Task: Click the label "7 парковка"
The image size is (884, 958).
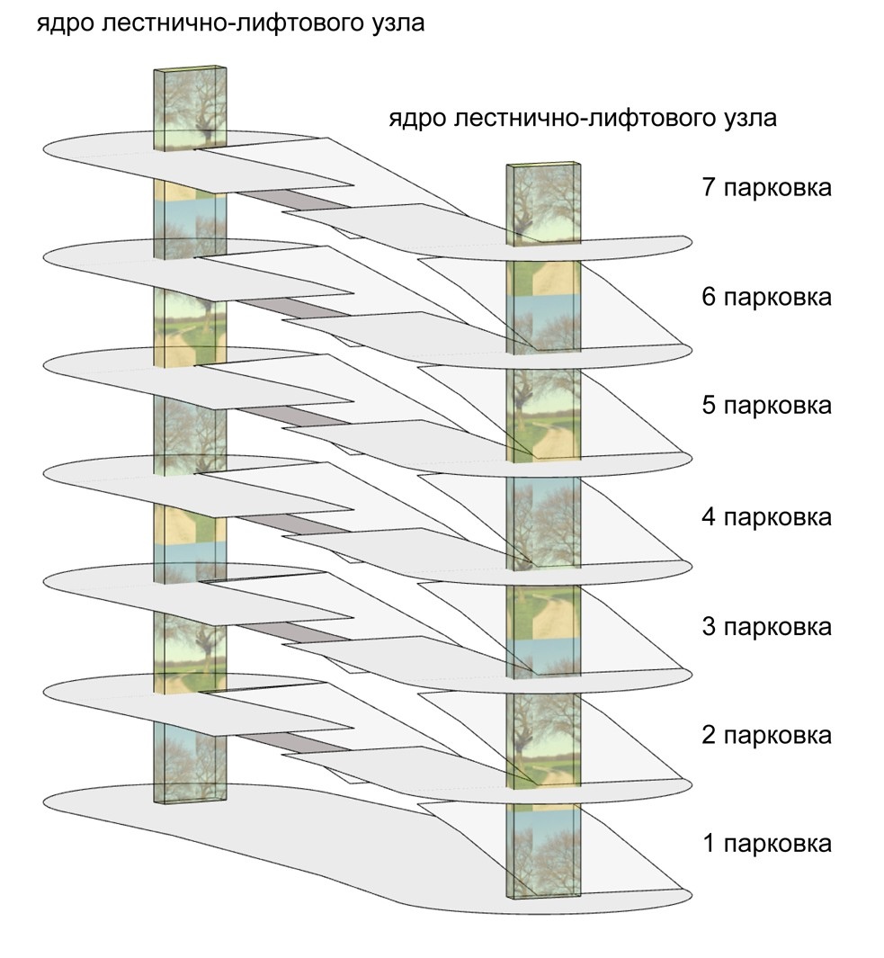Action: click(x=765, y=189)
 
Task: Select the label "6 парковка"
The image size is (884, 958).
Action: click(x=765, y=297)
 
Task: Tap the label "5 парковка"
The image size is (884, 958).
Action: click(x=765, y=405)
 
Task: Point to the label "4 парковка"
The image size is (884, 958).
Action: click(x=765, y=517)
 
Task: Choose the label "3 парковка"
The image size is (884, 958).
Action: click(x=765, y=626)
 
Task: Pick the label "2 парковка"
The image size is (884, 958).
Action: click(x=765, y=735)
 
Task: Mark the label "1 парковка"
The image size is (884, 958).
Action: click(x=765, y=844)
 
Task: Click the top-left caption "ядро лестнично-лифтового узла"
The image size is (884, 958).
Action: click(x=230, y=23)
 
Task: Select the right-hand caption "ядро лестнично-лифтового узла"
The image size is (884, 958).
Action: click(x=583, y=119)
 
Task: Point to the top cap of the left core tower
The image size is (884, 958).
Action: click(x=187, y=68)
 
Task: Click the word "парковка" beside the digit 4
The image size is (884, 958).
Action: click(x=778, y=517)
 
